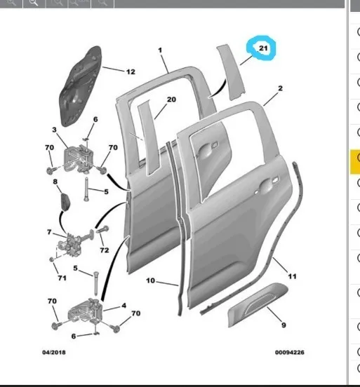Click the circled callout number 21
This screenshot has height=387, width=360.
point(263,48)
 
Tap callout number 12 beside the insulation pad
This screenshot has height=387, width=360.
point(131,72)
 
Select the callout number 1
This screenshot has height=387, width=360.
point(160,50)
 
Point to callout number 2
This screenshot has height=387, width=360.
point(280,88)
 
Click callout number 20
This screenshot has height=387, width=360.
point(171,100)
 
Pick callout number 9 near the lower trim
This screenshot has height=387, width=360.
point(284,325)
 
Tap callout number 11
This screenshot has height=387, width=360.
point(292,276)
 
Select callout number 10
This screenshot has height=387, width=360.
point(150,280)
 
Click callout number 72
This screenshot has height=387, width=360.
point(105,250)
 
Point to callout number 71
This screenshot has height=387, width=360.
point(62,278)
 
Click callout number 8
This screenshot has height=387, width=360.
point(55,182)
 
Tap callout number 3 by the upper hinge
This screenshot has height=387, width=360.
point(54,130)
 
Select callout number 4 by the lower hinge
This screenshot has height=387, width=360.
point(124,306)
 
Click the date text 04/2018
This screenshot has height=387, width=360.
point(54,352)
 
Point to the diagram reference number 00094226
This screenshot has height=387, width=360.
point(290,352)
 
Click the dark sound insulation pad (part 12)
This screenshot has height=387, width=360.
point(80,86)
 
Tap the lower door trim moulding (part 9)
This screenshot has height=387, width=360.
point(258,304)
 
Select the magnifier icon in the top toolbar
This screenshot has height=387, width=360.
point(34,3)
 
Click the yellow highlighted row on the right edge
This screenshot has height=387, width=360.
point(355,162)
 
